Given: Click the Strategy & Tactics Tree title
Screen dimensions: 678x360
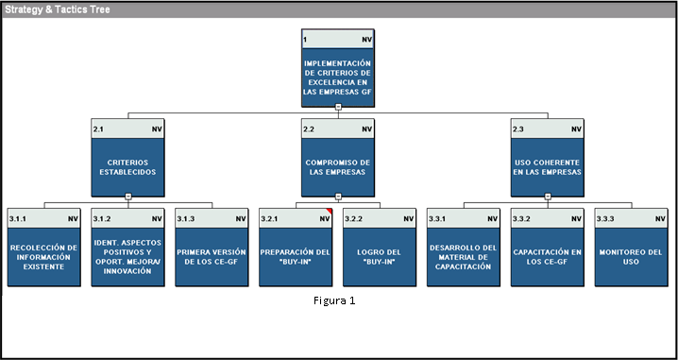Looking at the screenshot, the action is coord(57,9).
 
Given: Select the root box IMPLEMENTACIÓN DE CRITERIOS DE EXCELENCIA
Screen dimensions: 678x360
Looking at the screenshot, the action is coord(338,68).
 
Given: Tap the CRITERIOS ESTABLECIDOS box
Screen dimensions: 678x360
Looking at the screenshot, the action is coord(127,158).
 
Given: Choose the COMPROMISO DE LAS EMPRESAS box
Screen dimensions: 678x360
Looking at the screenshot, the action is coord(338,158).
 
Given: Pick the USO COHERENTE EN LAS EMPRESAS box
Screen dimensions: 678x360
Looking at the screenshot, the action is coord(547,158).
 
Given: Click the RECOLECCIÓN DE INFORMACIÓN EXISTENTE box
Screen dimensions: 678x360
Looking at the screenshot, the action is coord(43,247).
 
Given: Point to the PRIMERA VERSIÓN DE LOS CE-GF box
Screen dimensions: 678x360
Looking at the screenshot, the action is coord(212,247).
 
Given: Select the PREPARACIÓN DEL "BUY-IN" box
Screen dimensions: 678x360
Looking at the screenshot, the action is coord(296,247).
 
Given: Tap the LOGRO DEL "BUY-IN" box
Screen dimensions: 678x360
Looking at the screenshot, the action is coord(380,247).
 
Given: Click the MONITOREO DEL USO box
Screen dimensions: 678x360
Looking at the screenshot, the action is coord(631,247).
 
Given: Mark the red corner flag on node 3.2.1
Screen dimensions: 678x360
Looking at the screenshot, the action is coord(330,211).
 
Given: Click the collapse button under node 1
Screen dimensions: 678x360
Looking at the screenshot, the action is coord(339,107).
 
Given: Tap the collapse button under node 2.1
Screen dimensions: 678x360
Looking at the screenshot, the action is coord(128,196).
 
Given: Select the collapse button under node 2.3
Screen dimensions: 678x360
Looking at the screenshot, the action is coord(548,196).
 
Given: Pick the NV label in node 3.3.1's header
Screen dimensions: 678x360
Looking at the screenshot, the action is coord(493,219).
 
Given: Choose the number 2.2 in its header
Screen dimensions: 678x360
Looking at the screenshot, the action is coord(309,129).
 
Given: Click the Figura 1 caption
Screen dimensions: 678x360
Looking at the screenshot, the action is coord(334,300).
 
